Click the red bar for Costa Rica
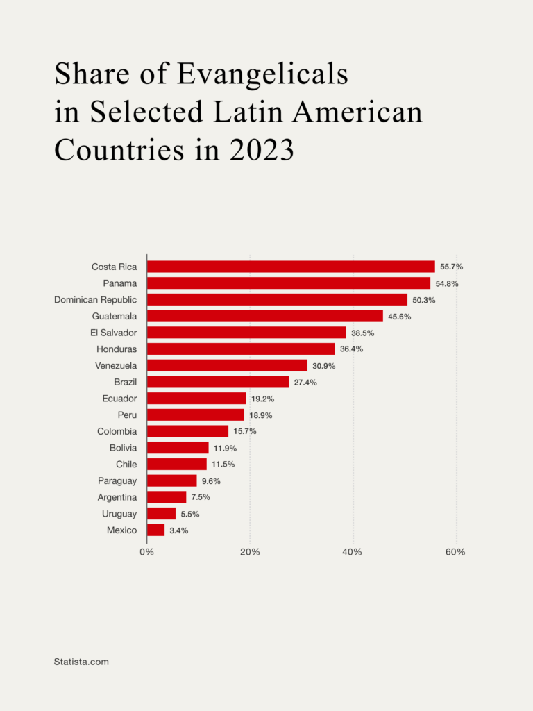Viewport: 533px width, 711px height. pos(291,267)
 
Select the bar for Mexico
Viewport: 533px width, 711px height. pos(156,530)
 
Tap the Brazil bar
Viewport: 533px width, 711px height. pos(218,382)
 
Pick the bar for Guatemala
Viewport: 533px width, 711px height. pos(264,316)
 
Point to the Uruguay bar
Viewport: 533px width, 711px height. pos(161,514)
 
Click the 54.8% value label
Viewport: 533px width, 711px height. pos(447,283)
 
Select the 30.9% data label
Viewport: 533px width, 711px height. pos(323,366)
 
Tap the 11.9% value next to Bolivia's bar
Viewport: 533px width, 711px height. pos(225,448)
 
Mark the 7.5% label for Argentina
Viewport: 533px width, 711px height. pos(201,497)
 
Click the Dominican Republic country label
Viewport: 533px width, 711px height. pos(96,299)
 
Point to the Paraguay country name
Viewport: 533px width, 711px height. pos(117,480)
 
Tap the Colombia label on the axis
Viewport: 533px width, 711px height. pos(117,431)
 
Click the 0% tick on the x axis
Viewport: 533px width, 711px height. pos(146,552)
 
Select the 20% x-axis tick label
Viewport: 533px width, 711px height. pos(250,552)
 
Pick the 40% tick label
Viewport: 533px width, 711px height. pos(353,552)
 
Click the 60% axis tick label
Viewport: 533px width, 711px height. pos(455,552)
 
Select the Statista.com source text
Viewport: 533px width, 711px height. pos(81,662)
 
